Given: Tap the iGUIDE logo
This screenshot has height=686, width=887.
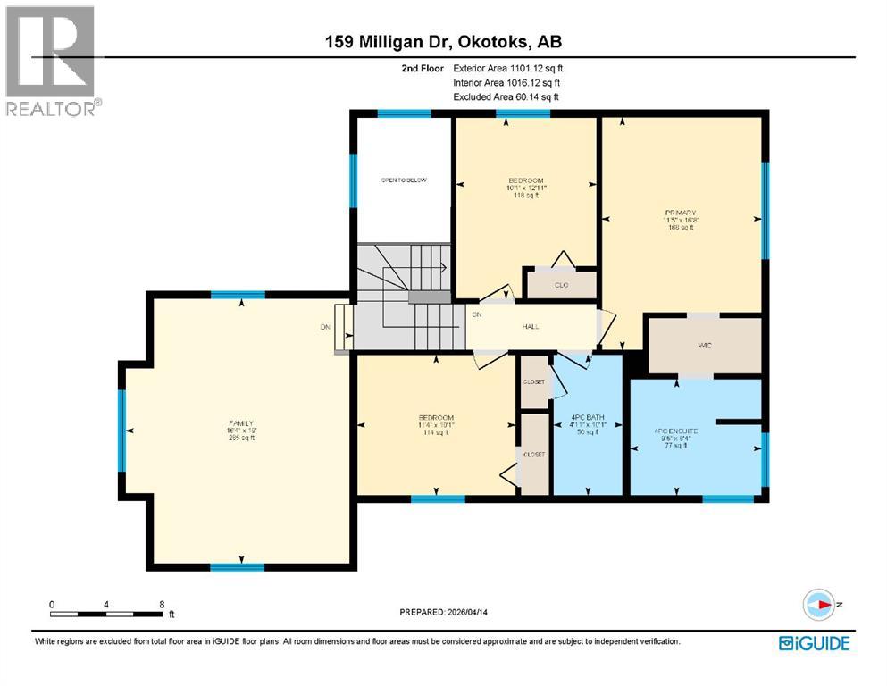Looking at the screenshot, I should click(814, 642).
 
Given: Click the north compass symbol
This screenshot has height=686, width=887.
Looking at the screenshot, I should click(818, 605).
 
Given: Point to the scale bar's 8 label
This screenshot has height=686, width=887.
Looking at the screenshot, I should click(162, 604).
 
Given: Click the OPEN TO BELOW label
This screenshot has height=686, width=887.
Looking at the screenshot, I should click(404, 180).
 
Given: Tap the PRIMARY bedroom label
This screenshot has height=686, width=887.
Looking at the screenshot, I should click(680, 219).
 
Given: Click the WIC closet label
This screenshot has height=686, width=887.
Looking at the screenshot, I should click(705, 344).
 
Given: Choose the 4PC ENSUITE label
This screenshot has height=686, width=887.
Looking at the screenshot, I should click(676, 437).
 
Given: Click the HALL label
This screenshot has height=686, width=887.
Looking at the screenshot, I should click(531, 326).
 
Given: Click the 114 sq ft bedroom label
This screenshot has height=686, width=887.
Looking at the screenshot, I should click(436, 424).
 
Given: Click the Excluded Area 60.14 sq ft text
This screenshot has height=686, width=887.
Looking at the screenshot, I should click(508, 96).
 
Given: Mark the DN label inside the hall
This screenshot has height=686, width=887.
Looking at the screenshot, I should click(477, 314).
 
